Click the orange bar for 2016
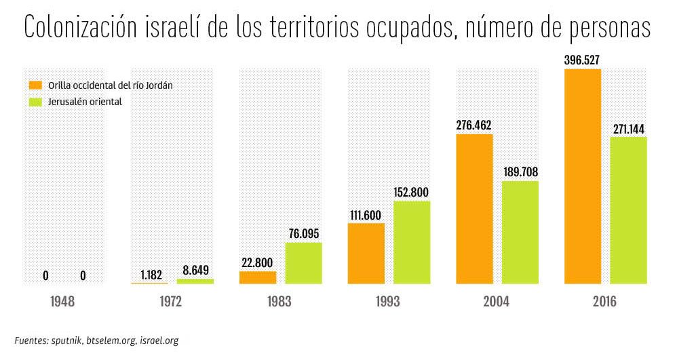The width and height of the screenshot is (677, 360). pos(582,176)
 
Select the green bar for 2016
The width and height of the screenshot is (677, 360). pos(628,210)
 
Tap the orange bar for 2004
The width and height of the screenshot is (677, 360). pos(474,209)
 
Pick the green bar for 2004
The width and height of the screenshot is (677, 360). pos(520,232)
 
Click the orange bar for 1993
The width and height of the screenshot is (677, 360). pos(366,253)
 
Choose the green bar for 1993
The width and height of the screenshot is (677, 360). pos(412,242)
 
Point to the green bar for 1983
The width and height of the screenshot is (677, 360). pos(303,262)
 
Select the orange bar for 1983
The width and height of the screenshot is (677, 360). pos(258,277)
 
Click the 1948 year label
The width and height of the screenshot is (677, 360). pos(62,302)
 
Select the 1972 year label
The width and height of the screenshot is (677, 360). pos(171,302)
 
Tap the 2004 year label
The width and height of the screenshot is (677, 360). pos(497,302)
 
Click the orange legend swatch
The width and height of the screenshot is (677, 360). pos(35,86)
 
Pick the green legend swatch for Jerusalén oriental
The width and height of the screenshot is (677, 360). pos(35,102)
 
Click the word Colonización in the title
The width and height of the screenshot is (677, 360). pos(81,28)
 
